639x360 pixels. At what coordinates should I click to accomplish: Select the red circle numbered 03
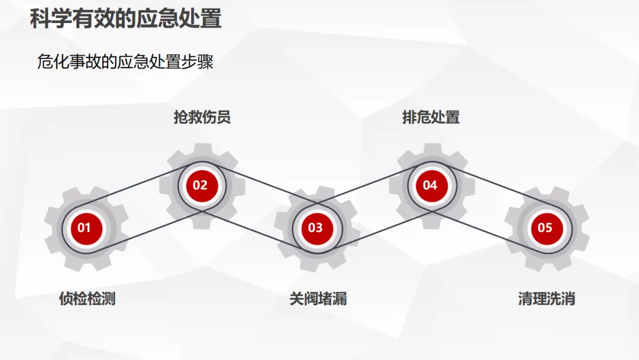(316, 227)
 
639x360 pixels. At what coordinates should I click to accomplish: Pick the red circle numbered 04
(430, 185)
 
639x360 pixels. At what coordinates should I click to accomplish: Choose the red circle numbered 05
(545, 227)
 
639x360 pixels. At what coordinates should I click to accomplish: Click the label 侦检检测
(87, 298)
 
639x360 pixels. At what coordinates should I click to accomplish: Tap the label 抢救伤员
(202, 117)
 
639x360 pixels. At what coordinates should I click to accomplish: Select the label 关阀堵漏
(318, 298)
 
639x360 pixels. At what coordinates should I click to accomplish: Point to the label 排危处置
(431, 117)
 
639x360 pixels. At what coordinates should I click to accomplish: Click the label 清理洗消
(546, 298)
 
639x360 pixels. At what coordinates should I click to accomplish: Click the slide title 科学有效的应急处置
(125, 19)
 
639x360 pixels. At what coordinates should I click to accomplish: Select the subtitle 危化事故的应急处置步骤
(125, 62)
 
